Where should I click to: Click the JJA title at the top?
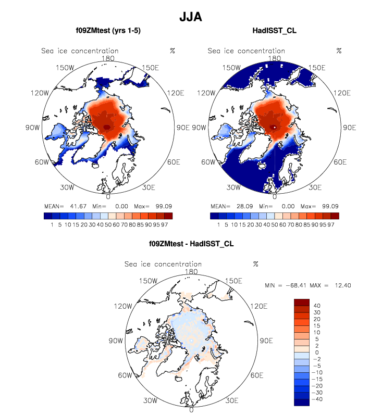190,16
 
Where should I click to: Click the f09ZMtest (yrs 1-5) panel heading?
108,31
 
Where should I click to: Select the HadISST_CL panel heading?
274,31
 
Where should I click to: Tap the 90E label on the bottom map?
266,341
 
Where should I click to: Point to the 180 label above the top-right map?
275,58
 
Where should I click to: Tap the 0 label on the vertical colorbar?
317,353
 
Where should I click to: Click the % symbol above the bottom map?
255,264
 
